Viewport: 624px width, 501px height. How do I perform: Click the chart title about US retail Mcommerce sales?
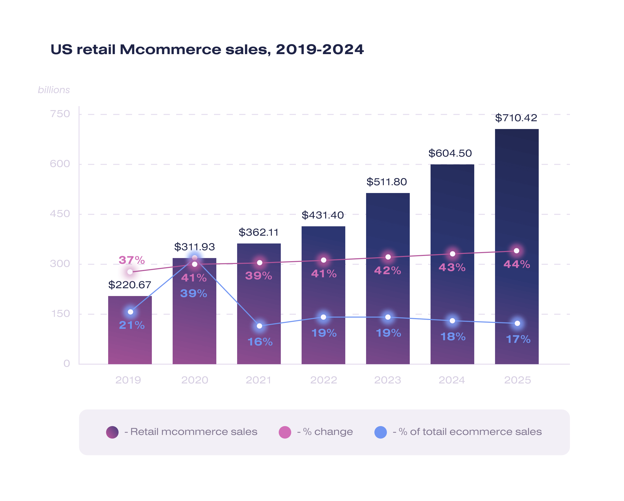[207, 49]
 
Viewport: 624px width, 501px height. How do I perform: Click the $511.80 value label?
[386, 182]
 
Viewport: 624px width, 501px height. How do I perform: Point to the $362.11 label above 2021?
[258, 232]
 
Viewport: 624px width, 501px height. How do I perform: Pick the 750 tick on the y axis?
[60, 114]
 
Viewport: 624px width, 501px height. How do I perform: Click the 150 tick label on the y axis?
[60, 314]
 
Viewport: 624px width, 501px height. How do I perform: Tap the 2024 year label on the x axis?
[452, 380]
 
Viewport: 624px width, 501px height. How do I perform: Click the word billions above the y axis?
[54, 90]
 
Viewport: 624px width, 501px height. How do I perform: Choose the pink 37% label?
[131, 260]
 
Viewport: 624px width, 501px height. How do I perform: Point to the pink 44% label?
[517, 264]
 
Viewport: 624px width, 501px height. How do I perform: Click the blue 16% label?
[260, 342]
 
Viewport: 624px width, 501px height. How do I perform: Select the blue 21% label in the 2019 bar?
[132, 325]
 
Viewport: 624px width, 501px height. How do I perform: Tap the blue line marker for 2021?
[260, 326]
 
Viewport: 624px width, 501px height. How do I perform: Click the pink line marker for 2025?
[517, 251]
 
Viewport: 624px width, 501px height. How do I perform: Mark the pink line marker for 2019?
[130, 272]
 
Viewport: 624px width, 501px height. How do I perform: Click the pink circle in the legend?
[285, 432]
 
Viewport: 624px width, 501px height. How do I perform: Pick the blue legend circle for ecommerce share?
[381, 432]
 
